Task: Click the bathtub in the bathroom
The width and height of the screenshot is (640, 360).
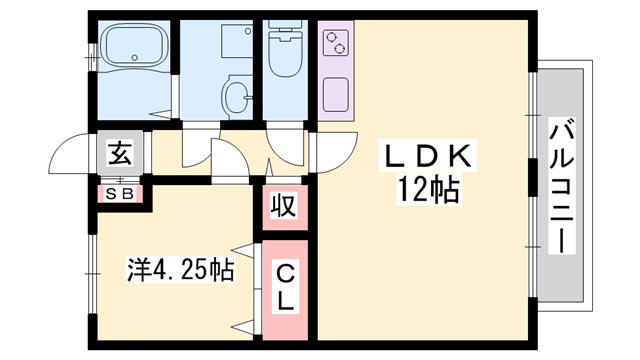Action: tap(134, 46)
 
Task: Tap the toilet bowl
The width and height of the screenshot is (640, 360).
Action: tap(285, 57)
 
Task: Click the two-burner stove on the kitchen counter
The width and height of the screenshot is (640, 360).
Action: tap(336, 43)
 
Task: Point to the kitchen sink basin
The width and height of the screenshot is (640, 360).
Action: tap(336, 95)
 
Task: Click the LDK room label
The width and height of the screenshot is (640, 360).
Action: tap(427, 156)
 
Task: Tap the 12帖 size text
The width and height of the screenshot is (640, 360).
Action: tap(428, 191)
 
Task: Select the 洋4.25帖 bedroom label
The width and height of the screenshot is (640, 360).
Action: tap(181, 270)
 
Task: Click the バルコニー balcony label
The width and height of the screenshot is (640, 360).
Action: tap(561, 186)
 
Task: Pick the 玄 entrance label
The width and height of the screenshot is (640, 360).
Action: tap(120, 152)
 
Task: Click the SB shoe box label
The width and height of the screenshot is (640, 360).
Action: tap(120, 194)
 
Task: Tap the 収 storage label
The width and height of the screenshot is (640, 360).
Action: tap(284, 206)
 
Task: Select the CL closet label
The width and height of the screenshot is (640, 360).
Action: tap(285, 288)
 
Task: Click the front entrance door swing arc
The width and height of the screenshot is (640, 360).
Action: tap(63, 145)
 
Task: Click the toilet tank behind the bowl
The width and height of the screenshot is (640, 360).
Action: tap(285, 29)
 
